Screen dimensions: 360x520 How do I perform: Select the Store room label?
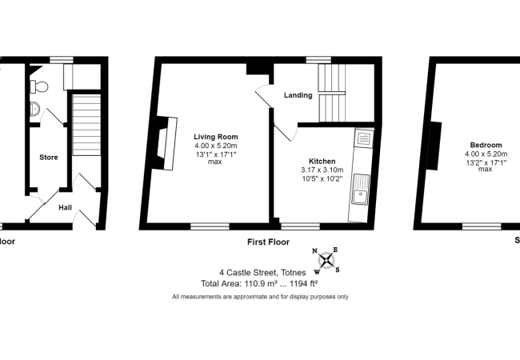coord(49,158)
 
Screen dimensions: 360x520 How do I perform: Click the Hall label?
coord(66,206)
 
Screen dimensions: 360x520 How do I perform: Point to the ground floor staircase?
coord(85,128)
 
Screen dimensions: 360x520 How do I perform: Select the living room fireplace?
coord(166,142)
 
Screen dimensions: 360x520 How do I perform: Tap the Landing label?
coord(298,96)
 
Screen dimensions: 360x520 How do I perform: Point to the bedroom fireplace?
coord(437,146)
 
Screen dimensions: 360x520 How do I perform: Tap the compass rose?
coord(328,260)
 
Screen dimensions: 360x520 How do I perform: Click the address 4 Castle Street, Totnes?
coord(259,272)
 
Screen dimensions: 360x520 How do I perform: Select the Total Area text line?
coord(259,283)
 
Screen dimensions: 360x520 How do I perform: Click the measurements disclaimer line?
coord(260,297)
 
